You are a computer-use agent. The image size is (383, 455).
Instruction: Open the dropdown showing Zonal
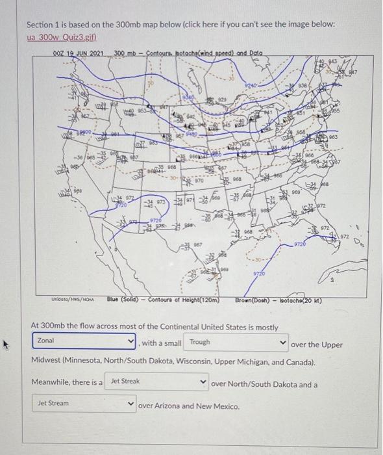[84, 341]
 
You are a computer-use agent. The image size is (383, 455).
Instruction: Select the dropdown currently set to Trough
[236, 342]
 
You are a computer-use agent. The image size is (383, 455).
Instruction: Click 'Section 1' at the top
[43, 24]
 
